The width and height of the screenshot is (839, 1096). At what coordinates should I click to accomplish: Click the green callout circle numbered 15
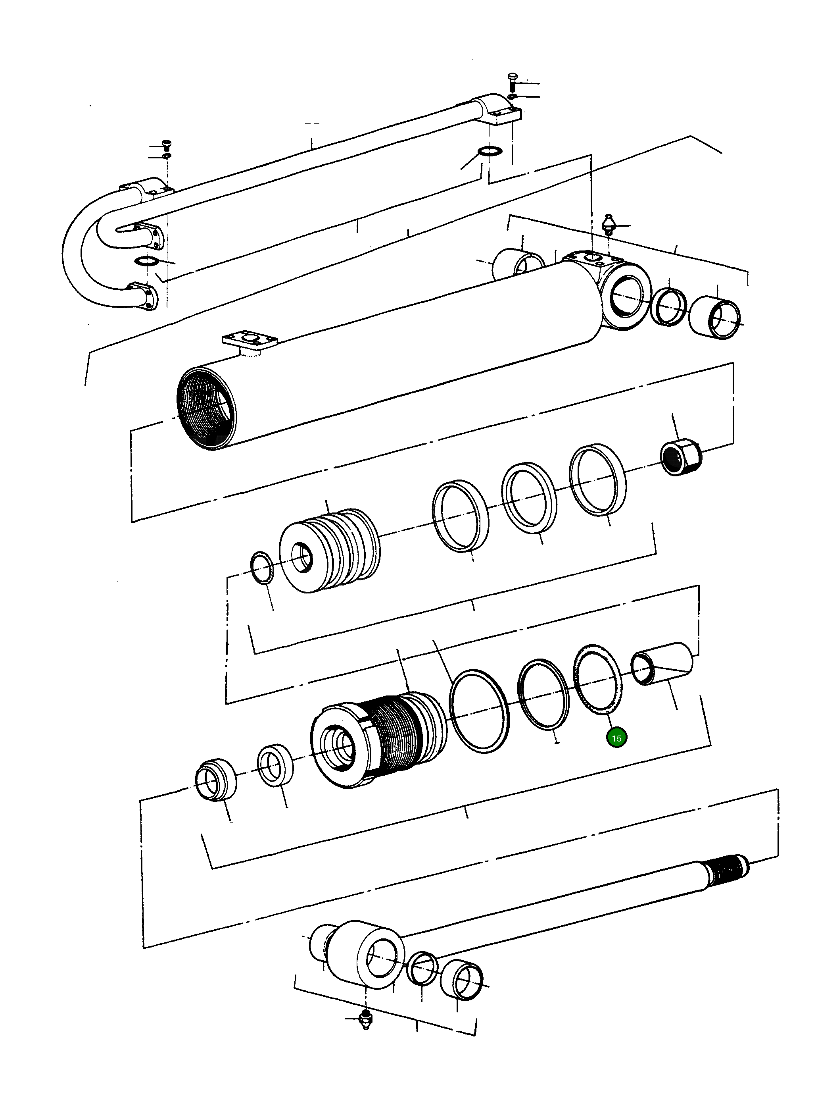click(616, 738)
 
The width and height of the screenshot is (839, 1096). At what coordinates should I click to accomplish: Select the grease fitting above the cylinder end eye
click(609, 224)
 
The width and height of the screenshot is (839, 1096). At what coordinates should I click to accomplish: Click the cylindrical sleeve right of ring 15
click(663, 664)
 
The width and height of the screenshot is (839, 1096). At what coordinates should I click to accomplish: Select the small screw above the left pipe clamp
click(167, 144)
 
